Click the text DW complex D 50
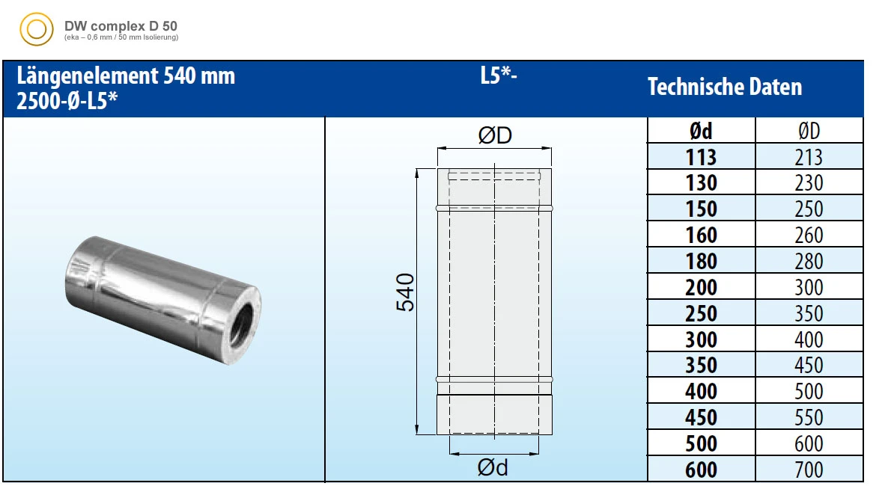click(121, 26)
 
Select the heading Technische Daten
click(725, 87)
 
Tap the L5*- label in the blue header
click(499, 76)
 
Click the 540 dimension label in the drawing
click(405, 292)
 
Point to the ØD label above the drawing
click(495, 135)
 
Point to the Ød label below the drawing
click(493, 468)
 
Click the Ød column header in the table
click(702, 131)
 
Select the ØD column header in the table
click(809, 131)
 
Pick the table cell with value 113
click(702, 156)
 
